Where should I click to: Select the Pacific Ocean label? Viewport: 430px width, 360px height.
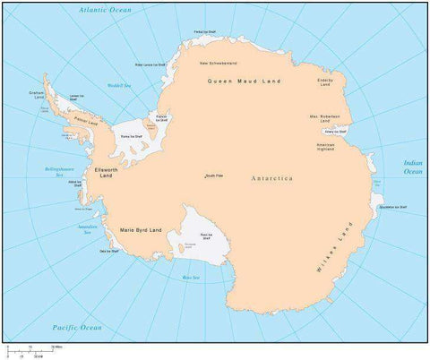coord(77,328)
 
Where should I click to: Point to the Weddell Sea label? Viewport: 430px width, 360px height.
coord(119,85)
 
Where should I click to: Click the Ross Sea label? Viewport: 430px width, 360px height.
coord(191,278)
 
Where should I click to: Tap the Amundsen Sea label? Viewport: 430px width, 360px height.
coord(88,228)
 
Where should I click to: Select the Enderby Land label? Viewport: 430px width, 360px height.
coord(325,81)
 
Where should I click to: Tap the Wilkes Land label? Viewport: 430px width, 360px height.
coord(329,247)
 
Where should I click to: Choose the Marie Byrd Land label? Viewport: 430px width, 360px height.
coord(141,230)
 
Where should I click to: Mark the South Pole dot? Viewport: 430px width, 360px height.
coord(204,176)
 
